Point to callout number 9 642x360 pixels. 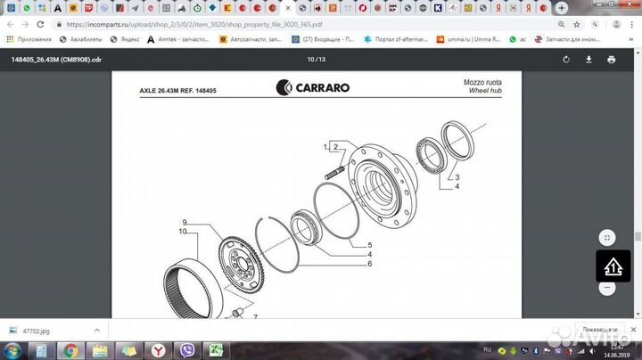click(184, 222)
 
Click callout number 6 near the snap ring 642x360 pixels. click(369, 264)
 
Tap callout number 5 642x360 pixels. click(369, 244)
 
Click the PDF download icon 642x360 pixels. click(588, 60)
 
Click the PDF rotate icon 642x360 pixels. click(566, 60)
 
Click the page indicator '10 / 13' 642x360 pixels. click(317, 60)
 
